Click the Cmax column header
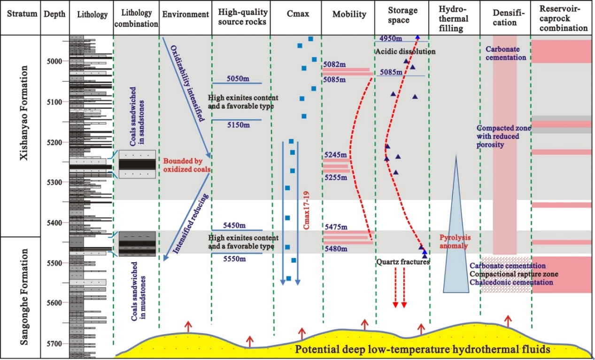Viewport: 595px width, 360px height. (296, 15)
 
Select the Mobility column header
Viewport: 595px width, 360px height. (349, 15)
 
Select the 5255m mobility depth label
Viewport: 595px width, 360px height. (335, 179)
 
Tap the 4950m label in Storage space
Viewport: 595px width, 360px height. (391, 38)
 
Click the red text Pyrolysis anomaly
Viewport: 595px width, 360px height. (454, 242)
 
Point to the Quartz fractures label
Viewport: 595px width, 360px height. (403, 262)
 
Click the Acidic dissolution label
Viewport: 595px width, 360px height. (405, 51)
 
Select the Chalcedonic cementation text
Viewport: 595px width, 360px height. (511, 282)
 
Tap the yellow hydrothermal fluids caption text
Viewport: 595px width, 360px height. (423, 350)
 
